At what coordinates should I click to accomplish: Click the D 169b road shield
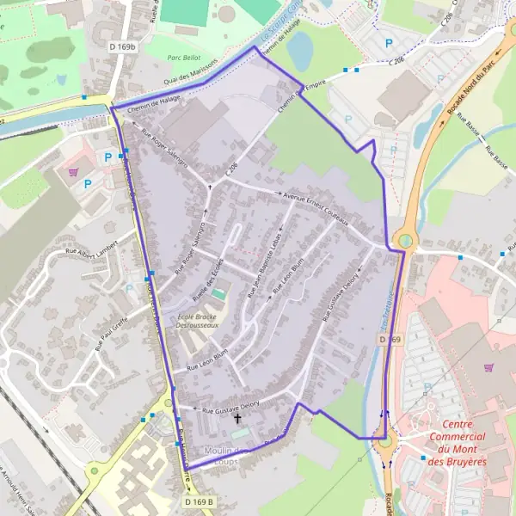pyautogui.click(x=123, y=46)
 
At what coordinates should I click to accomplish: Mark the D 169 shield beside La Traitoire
pyautogui.click(x=390, y=341)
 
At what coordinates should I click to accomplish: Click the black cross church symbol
pyautogui.click(x=238, y=419)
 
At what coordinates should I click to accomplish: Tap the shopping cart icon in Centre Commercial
pyautogui.click(x=489, y=367)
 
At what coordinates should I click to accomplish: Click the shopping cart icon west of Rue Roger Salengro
pyautogui.click(x=72, y=171)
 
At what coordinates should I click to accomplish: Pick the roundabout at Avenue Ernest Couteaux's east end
pyautogui.click(x=402, y=240)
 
